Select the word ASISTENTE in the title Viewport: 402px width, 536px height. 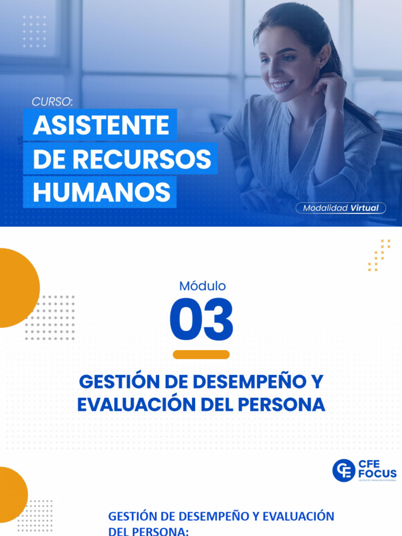101,126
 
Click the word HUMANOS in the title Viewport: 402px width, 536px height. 101,192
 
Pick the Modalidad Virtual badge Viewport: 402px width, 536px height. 341,208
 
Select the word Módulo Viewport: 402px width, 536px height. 202,286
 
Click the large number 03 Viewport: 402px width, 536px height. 202,320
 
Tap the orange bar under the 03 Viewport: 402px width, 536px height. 202,354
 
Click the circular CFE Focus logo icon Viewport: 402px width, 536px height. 343,470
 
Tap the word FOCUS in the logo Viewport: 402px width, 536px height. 377,474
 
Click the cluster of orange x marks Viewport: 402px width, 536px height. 379,255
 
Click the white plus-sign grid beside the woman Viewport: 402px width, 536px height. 35,31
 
